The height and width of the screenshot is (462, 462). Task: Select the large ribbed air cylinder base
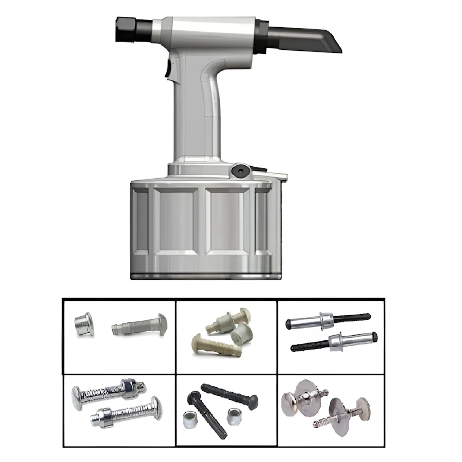pyautogui.click(x=205, y=226)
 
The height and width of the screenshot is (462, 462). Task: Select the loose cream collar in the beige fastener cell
pyautogui.click(x=241, y=334)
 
